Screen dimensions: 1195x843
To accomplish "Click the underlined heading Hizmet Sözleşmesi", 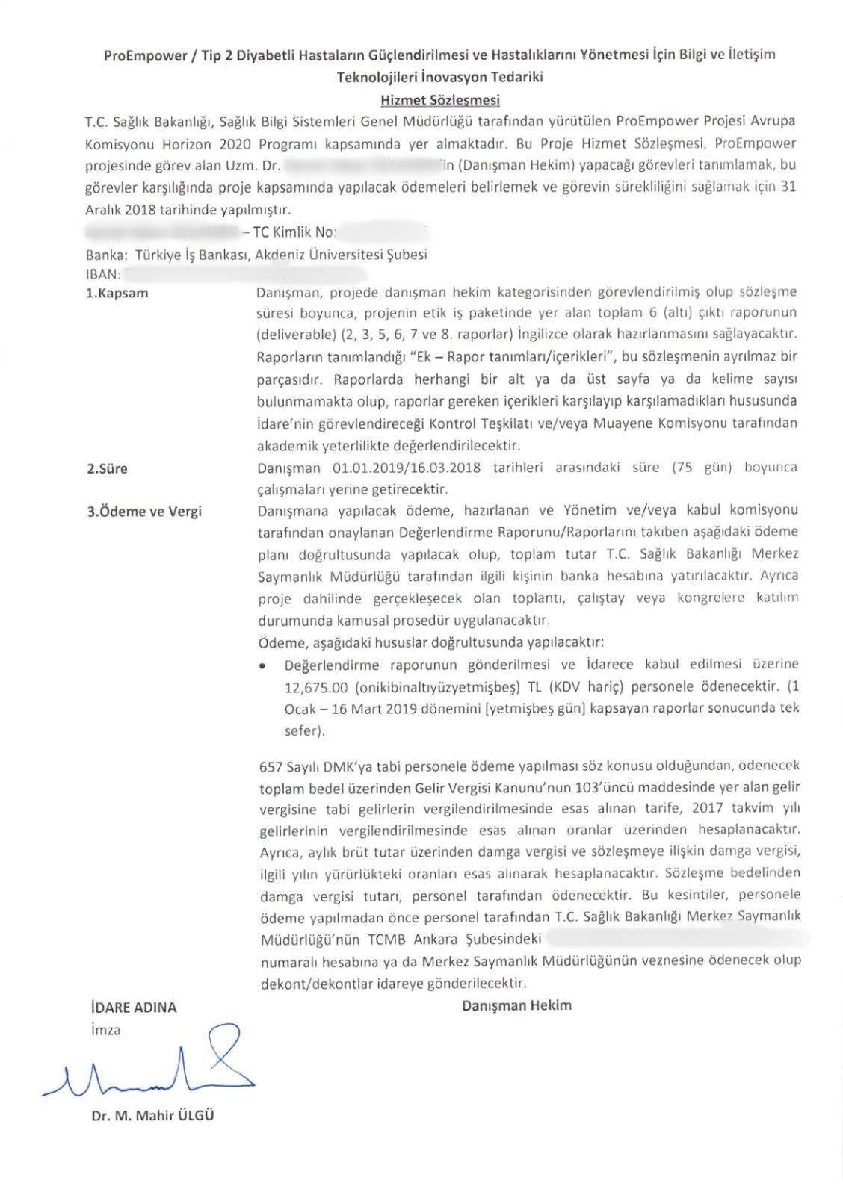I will click(439, 99).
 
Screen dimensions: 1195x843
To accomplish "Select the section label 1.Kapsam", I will click(117, 293).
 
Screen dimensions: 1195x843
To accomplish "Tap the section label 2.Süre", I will click(108, 469).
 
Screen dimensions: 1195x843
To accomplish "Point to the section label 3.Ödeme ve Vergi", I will click(144, 512).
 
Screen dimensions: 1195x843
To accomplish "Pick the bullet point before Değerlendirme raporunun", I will click(262, 665).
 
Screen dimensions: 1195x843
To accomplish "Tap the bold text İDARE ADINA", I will click(132, 1007).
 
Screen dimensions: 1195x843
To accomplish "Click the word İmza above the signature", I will click(105, 1030).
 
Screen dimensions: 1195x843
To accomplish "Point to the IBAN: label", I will click(104, 274).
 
